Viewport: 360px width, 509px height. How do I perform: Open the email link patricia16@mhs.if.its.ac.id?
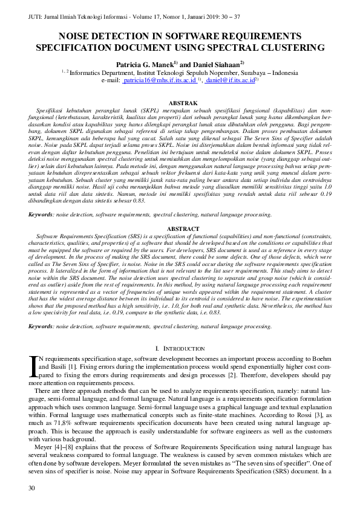tap(159, 80)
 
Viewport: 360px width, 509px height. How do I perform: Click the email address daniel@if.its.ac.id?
tap(229, 80)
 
